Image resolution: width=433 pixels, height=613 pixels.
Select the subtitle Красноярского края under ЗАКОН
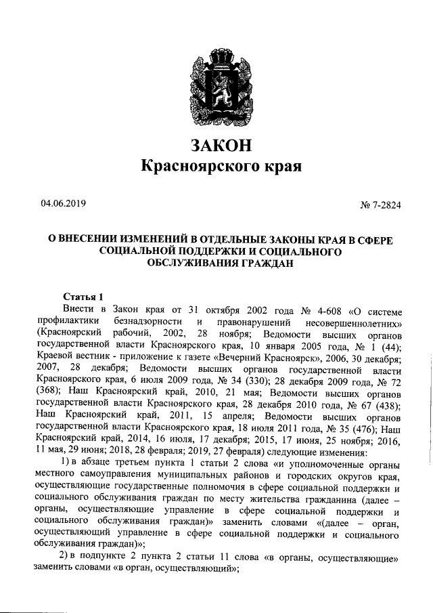(220, 165)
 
